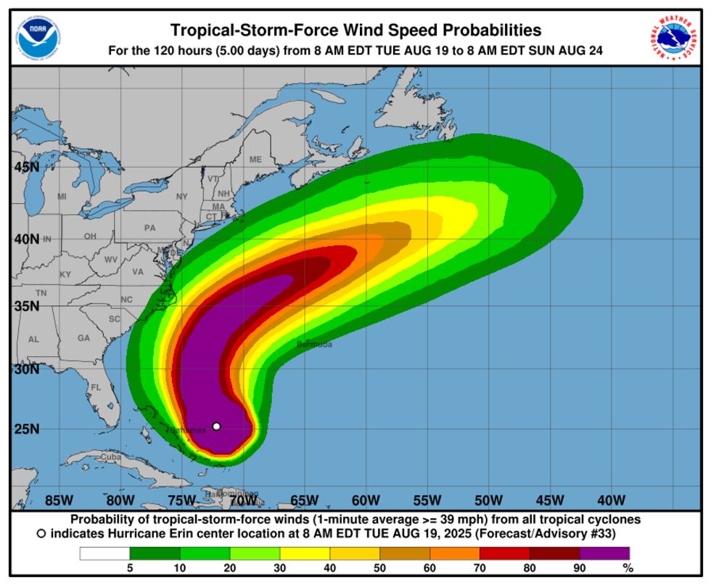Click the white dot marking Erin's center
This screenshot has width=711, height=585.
click(x=216, y=426)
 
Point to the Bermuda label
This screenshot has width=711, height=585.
click(x=314, y=344)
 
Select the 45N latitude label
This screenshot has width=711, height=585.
click(x=27, y=167)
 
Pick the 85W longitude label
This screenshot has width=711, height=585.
click(x=59, y=500)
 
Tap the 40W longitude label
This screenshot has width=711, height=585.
click(x=611, y=500)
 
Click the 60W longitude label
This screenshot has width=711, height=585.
click(x=366, y=500)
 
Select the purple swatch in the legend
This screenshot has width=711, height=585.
click(x=604, y=553)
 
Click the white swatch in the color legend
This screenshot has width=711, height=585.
click(x=104, y=553)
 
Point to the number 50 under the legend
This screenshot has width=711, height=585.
click(x=379, y=568)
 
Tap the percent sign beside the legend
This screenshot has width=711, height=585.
click(x=628, y=568)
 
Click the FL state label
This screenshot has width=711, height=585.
click(x=96, y=388)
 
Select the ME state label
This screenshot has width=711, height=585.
click(x=255, y=159)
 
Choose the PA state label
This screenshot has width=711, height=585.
click(x=149, y=227)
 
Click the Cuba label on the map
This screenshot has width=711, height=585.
click(x=110, y=457)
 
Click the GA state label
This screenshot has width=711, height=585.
click(x=83, y=337)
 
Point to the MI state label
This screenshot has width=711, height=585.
click(x=62, y=196)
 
